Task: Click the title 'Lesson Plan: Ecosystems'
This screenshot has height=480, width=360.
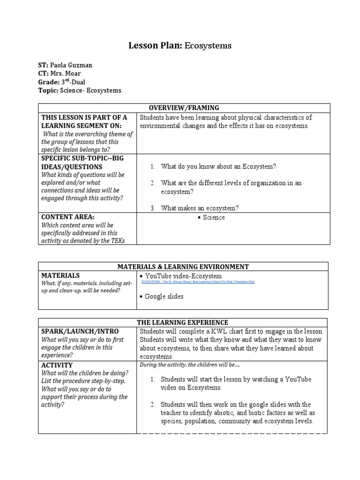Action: pos(180,45)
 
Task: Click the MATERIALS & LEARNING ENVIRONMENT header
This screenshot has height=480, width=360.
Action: pos(183,266)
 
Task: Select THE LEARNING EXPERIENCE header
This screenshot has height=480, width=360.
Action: pos(183,322)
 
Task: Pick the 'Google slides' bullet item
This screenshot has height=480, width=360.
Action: pos(164,296)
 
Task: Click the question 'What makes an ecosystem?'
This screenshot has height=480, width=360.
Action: pos(199,208)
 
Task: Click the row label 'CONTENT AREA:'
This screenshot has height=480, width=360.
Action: pos(67,217)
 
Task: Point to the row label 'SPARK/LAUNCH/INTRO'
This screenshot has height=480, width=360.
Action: pos(80,331)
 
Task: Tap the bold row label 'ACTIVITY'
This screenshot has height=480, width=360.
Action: pos(57,365)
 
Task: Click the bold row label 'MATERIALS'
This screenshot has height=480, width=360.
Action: pos(60,275)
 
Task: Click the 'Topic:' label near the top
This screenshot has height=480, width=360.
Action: pos(48,90)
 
